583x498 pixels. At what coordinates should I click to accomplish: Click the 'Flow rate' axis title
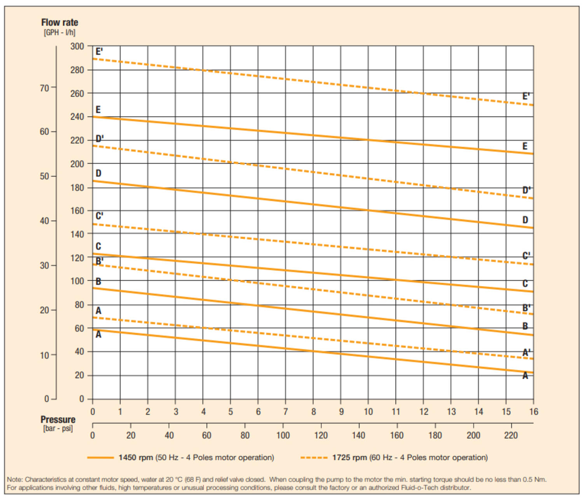click(x=59, y=23)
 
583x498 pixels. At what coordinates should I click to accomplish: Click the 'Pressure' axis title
click(x=58, y=420)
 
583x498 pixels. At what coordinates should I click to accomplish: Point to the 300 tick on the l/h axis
click(x=77, y=46)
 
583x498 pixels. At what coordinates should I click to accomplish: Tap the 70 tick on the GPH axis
click(x=44, y=88)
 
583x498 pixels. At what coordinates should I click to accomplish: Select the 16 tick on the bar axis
click(x=534, y=412)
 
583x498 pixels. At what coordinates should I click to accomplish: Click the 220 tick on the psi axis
click(x=511, y=435)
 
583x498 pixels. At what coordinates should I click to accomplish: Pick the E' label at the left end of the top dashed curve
click(x=99, y=52)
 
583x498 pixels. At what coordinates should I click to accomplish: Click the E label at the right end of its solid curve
click(x=525, y=146)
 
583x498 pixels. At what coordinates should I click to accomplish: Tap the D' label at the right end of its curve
click(x=526, y=190)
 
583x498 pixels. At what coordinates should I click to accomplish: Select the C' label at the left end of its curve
click(x=99, y=216)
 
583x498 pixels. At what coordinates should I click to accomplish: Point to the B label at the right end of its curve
click(x=525, y=326)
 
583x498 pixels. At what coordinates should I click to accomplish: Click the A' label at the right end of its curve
click(x=526, y=353)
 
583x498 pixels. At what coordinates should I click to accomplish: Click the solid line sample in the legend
click(x=100, y=458)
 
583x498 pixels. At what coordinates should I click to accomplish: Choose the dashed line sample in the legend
click(x=314, y=458)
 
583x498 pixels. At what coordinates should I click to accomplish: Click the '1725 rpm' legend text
click(x=349, y=458)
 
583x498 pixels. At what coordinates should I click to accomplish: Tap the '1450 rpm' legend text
click(x=136, y=458)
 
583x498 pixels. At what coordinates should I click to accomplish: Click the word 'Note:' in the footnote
click(x=15, y=480)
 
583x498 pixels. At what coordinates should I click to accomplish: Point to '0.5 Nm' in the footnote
click(x=535, y=480)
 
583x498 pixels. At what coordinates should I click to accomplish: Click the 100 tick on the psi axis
click(x=283, y=435)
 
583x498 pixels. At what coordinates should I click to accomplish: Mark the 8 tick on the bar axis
click(x=313, y=412)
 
